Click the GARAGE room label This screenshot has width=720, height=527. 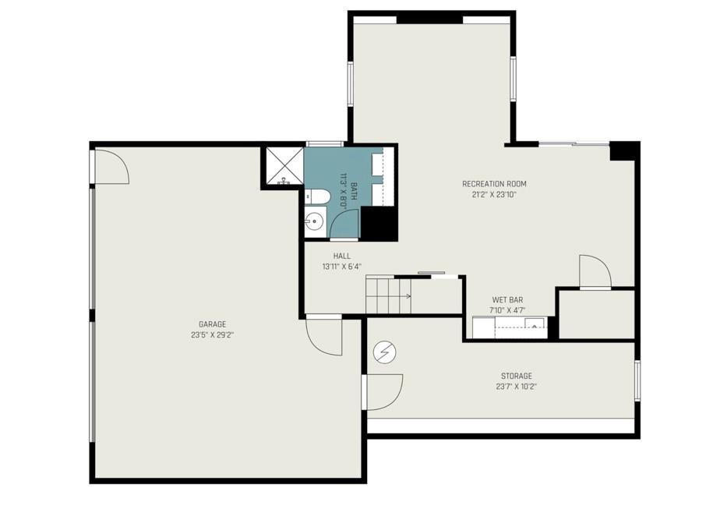[x=212, y=324]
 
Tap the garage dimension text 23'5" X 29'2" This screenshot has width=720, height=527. [x=213, y=335]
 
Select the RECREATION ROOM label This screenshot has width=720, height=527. [x=494, y=184]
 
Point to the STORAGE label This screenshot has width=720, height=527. [x=517, y=376]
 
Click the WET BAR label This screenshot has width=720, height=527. [x=507, y=300]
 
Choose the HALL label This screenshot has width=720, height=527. [x=342, y=256]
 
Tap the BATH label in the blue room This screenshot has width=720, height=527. [x=354, y=192]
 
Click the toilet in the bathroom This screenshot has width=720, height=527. [x=317, y=196]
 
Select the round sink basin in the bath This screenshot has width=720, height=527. [x=315, y=222]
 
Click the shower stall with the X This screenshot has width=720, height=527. [x=282, y=165]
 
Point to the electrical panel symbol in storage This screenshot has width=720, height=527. [x=385, y=352]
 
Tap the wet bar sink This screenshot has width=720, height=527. [x=535, y=325]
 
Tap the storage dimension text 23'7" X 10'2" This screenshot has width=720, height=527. [x=517, y=387]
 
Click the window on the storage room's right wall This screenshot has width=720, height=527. [x=637, y=380]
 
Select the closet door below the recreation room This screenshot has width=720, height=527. [x=595, y=272]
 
